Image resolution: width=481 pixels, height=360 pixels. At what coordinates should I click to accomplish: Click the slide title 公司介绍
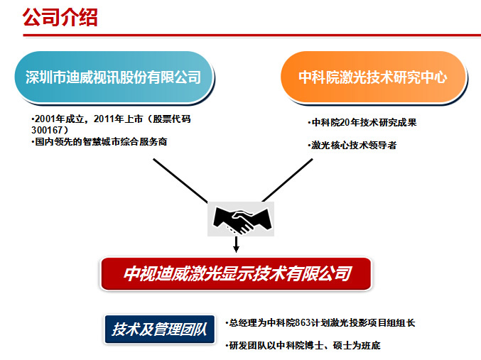click(60, 17)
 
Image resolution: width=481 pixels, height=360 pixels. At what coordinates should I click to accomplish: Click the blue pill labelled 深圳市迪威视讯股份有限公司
click(114, 77)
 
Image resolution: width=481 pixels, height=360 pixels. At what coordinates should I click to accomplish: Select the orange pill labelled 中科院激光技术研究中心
click(373, 77)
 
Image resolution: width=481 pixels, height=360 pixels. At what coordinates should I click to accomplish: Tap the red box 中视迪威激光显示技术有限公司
click(236, 273)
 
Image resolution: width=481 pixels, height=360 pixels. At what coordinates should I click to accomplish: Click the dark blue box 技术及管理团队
click(160, 329)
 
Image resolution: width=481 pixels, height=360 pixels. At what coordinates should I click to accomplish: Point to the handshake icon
click(241, 219)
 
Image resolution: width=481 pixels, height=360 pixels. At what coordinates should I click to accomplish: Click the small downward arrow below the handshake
click(236, 244)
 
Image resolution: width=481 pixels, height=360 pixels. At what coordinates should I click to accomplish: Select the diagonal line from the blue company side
click(180, 180)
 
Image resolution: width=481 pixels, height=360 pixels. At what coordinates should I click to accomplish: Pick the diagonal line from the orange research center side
click(288, 180)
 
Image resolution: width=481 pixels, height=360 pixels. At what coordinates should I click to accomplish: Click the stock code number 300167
click(47, 130)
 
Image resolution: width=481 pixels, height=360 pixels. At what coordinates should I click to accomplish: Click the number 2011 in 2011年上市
click(104, 119)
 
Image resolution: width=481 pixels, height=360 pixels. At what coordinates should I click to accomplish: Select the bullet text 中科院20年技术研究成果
click(362, 123)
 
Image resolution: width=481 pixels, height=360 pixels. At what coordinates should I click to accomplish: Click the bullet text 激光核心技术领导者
click(352, 145)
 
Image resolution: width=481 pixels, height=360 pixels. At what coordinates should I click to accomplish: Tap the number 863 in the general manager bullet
click(303, 322)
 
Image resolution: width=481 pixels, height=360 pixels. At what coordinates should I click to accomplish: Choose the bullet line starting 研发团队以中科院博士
click(303, 346)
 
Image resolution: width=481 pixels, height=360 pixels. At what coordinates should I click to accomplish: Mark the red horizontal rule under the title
click(252, 36)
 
